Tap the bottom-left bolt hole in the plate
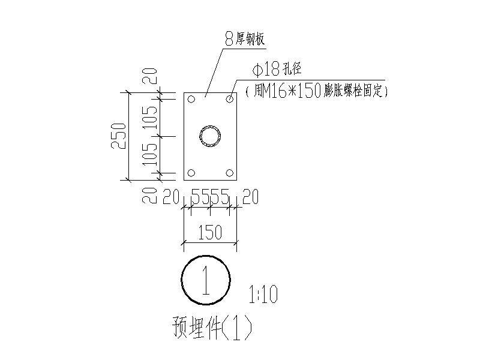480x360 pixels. pos(191,173)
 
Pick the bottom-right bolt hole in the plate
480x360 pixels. pos(230,173)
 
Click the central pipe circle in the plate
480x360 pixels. pos(211,136)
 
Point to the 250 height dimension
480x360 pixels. pos(120,136)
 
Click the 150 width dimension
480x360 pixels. pos(210,233)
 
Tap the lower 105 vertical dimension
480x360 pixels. pos(151,154)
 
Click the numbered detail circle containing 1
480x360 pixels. pos(206,280)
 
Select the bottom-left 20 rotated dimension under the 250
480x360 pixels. pos(151,194)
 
